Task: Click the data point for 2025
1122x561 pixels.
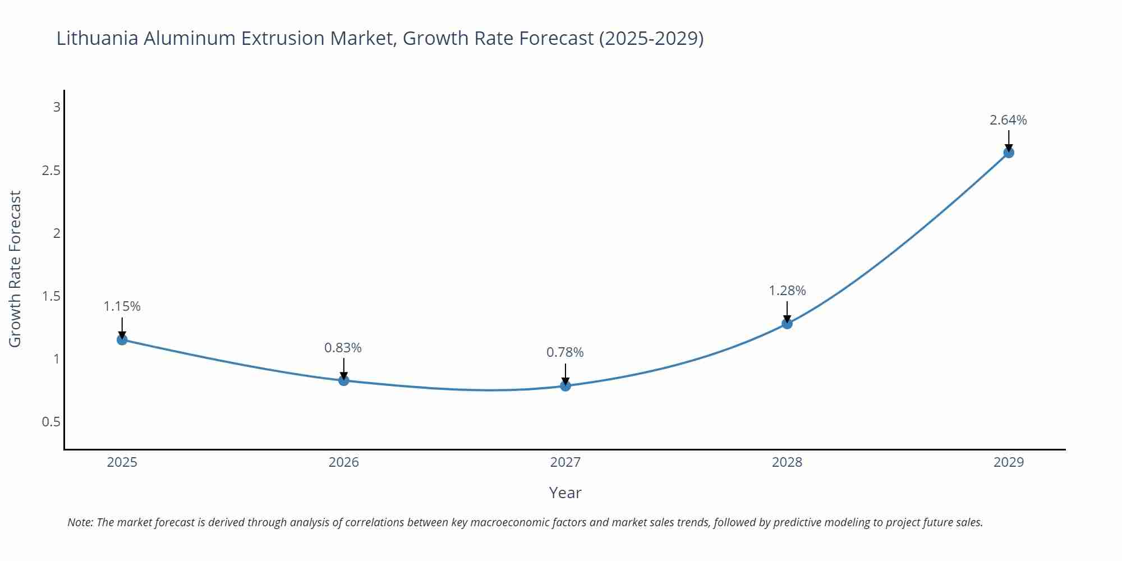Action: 122,339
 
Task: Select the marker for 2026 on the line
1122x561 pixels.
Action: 344,380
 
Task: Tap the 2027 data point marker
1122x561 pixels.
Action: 565,385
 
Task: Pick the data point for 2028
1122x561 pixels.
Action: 787,323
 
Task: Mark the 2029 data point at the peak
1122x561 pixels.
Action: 1009,152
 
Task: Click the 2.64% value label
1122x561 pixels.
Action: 1008,120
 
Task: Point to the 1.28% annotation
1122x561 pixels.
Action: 787,291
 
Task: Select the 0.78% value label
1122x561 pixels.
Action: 565,352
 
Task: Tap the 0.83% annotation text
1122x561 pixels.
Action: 343,348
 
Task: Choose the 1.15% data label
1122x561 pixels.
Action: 122,306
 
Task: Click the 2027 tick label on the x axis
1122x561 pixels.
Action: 565,462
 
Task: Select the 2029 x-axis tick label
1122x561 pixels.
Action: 1009,462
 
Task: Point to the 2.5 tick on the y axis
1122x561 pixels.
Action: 51,170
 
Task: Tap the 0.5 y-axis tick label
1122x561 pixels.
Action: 51,422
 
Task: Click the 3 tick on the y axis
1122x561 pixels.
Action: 57,107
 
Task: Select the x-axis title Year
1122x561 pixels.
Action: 565,493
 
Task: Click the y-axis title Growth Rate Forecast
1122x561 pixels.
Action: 15,269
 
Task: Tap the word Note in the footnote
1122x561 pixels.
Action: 80,522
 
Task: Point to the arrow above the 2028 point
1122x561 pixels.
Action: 787,312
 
